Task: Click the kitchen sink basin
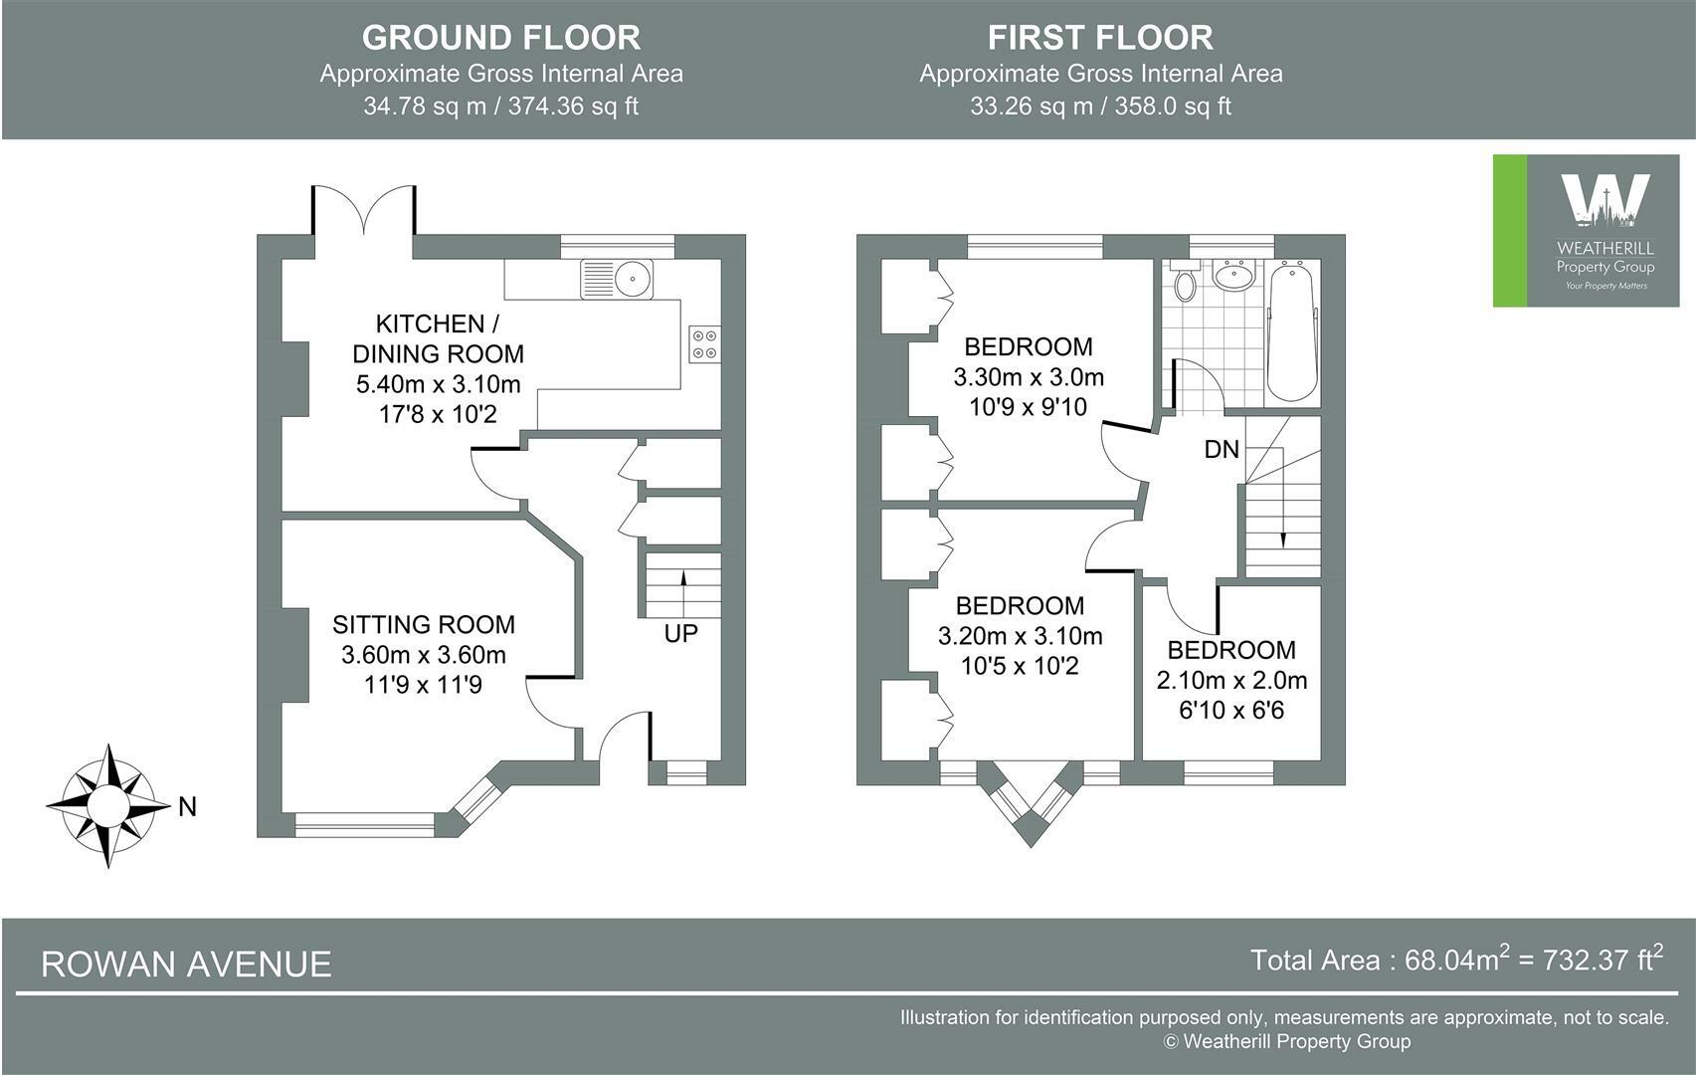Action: [633, 279]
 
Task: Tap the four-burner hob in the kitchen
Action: [704, 344]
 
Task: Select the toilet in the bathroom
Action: [1184, 281]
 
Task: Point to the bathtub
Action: [1291, 331]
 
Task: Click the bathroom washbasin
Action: [1235, 275]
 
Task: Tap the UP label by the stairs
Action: [680, 633]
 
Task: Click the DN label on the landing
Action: [1222, 449]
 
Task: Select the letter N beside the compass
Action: [187, 807]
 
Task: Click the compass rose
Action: [108, 805]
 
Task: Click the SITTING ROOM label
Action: [423, 624]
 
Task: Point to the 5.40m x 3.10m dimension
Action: [439, 384]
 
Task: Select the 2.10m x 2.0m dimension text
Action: [1231, 680]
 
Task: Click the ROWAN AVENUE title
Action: [186, 964]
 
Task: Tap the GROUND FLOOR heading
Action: [501, 38]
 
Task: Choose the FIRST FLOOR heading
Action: [1100, 38]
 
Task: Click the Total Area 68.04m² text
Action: [1456, 960]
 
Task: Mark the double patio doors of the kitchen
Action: [363, 210]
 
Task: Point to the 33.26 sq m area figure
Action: [1032, 107]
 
